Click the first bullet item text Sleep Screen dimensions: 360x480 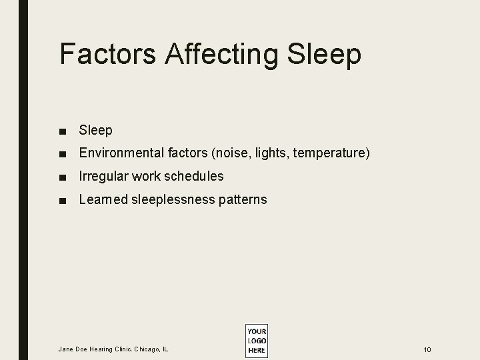pos(96,131)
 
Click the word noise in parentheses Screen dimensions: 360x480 pos(229,153)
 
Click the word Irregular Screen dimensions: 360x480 pos(103,177)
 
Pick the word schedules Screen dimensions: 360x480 pos(194,177)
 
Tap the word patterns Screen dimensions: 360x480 pos(243,200)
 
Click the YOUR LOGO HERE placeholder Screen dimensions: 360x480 pos(256,341)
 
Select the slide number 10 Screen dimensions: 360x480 pos(427,349)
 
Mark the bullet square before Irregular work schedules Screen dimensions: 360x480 pos(62,177)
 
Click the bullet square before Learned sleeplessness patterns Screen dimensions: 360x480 pos(62,200)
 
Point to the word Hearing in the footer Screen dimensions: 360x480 pos(101,349)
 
